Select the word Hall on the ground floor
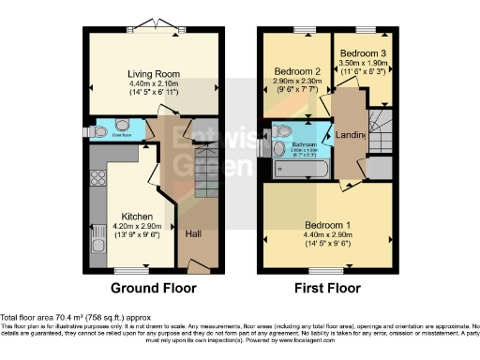(x=194, y=234)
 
